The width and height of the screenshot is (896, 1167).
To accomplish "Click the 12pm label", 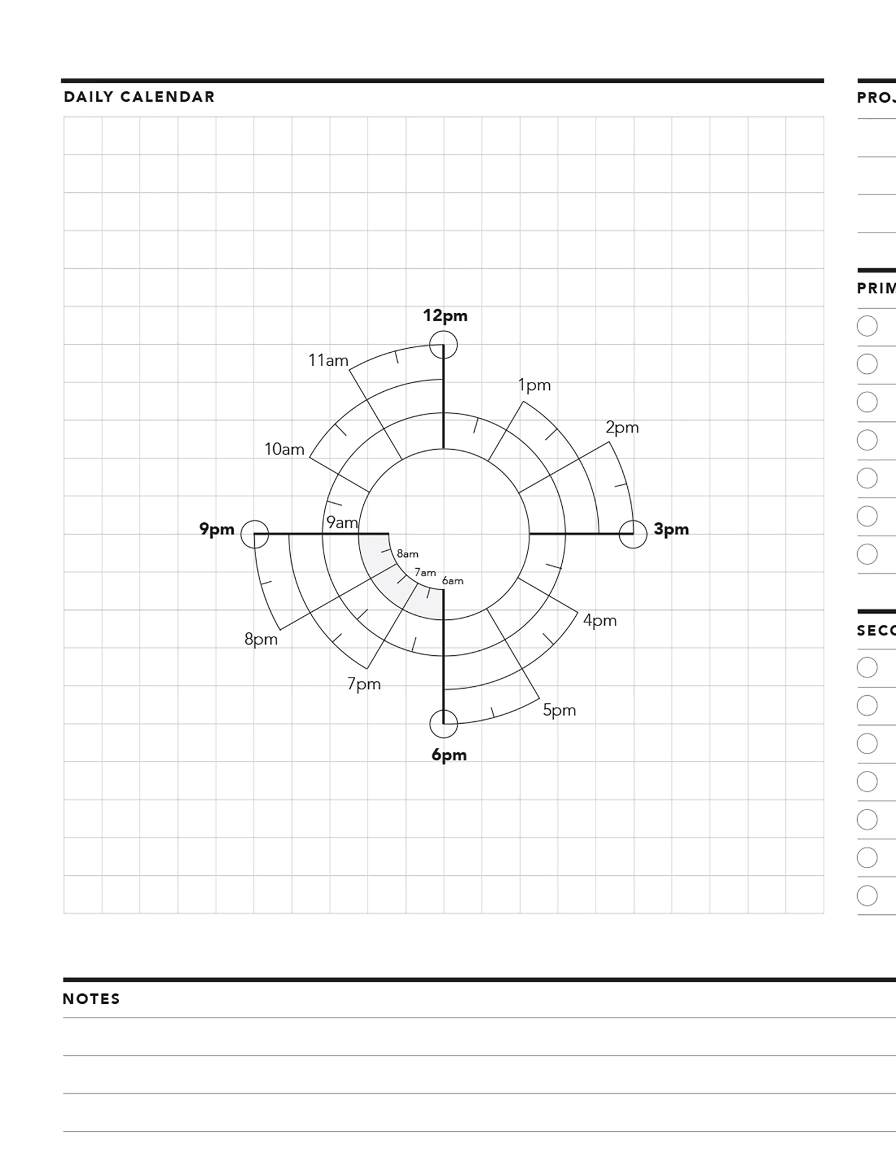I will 445,316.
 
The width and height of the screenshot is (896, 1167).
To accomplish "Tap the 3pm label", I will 671,529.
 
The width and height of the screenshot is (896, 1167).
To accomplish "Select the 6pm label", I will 448,755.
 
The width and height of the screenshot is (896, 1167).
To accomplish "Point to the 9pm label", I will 216,529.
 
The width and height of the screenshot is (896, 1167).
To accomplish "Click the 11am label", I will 328,361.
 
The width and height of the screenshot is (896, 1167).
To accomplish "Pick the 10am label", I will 284,450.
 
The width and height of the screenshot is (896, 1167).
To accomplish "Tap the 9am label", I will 342,523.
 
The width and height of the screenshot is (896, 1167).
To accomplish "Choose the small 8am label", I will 408,554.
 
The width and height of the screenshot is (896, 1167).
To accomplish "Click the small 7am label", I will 425,573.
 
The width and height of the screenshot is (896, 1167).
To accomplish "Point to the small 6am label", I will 452,581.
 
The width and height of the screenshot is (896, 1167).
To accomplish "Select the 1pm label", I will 534,385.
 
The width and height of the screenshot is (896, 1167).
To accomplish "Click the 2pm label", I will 622,428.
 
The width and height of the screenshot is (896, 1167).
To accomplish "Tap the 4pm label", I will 599,620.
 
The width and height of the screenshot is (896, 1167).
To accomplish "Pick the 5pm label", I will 560,710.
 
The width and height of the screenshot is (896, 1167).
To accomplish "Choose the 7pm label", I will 364,684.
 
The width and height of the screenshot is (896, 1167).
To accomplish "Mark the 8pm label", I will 261,639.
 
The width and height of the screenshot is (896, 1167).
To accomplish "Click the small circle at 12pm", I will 443,344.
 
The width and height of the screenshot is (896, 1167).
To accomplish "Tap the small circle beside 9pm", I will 254,534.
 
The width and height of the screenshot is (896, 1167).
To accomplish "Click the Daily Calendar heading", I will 139,97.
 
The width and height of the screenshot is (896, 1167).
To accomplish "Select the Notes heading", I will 91,999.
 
